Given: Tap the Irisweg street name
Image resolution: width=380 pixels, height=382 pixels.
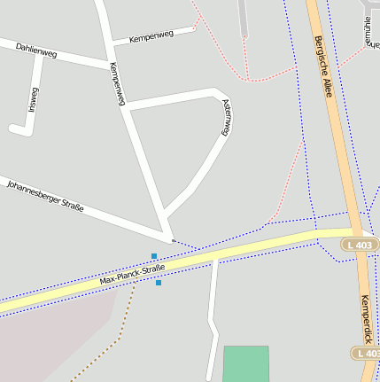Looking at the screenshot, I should [34, 100].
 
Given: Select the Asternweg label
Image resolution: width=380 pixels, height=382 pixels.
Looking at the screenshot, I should [226, 116].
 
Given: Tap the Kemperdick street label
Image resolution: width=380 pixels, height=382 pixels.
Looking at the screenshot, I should [368, 318].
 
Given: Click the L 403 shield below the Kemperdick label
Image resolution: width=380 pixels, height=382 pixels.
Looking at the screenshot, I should [367, 353].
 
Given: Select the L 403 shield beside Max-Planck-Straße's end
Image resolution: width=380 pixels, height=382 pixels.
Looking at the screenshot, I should [361, 245].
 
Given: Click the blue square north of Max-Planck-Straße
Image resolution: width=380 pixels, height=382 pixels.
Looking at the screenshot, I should [154, 256].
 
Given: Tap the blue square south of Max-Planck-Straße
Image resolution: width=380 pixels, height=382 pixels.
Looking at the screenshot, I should [159, 283].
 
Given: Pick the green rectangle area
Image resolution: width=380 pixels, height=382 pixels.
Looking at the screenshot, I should [245, 363].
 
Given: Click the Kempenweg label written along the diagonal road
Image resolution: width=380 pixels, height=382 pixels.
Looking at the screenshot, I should [117, 83].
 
